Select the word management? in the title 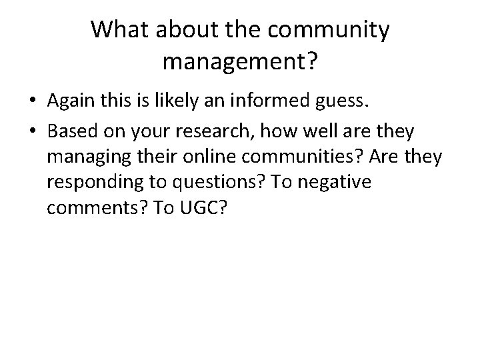pos(240,63)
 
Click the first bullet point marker pos(33,101)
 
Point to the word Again pos(71,101)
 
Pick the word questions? pos(212,181)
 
